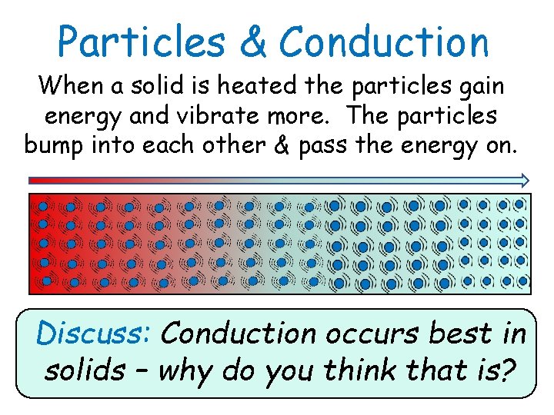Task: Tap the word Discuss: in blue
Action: tap(95, 334)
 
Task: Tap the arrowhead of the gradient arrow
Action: tap(523, 181)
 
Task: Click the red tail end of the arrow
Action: tap(32, 181)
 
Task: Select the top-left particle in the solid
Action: tap(43, 206)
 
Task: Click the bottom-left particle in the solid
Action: tap(46, 281)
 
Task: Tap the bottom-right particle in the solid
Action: tap(522, 281)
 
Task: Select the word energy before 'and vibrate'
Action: tap(78, 117)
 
